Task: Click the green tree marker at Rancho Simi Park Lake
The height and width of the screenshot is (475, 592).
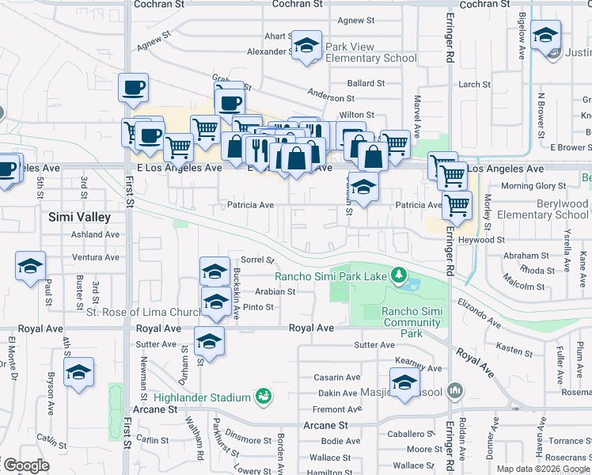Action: tap(400, 275)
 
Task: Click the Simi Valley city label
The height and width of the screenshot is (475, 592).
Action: tap(79, 216)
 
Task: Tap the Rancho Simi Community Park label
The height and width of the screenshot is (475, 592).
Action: tap(412, 322)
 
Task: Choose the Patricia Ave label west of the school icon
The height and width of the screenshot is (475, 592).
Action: tap(250, 205)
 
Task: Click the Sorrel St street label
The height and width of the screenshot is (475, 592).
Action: tap(257, 260)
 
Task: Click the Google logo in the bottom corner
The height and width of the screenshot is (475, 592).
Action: tap(25, 465)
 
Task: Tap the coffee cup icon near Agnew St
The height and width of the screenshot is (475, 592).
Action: tap(133, 87)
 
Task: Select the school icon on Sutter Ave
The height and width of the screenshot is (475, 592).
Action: tap(210, 341)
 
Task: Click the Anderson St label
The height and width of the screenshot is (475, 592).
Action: tap(331, 98)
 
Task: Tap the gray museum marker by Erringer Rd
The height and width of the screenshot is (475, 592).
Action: tap(454, 390)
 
